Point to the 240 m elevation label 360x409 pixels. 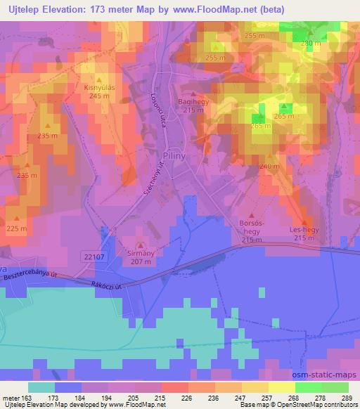tap(265, 166)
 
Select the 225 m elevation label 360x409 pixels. tap(16, 229)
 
